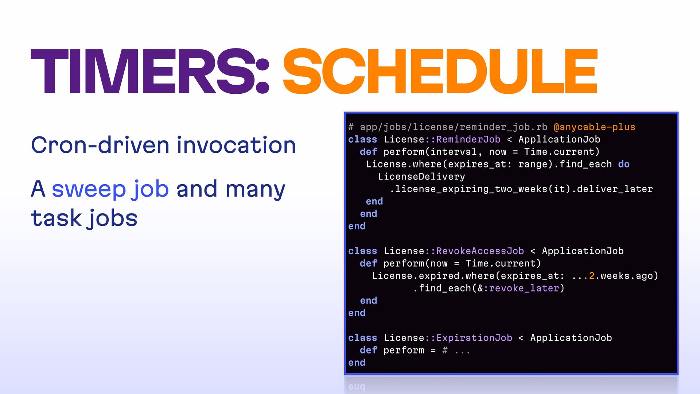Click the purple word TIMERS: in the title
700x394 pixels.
(150, 71)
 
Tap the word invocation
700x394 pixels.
(236, 145)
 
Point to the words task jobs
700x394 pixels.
(84, 219)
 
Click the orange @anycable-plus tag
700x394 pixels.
(594, 127)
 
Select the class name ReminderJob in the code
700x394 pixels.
(468, 139)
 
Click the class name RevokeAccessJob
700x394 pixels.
(480, 251)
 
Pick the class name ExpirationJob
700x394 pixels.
(474, 338)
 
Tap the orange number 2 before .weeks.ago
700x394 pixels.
(592, 276)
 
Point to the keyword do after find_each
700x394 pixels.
(624, 164)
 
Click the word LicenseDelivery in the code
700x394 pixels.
(421, 177)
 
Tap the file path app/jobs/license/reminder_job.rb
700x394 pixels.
(454, 127)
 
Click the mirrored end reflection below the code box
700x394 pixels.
(357, 386)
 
